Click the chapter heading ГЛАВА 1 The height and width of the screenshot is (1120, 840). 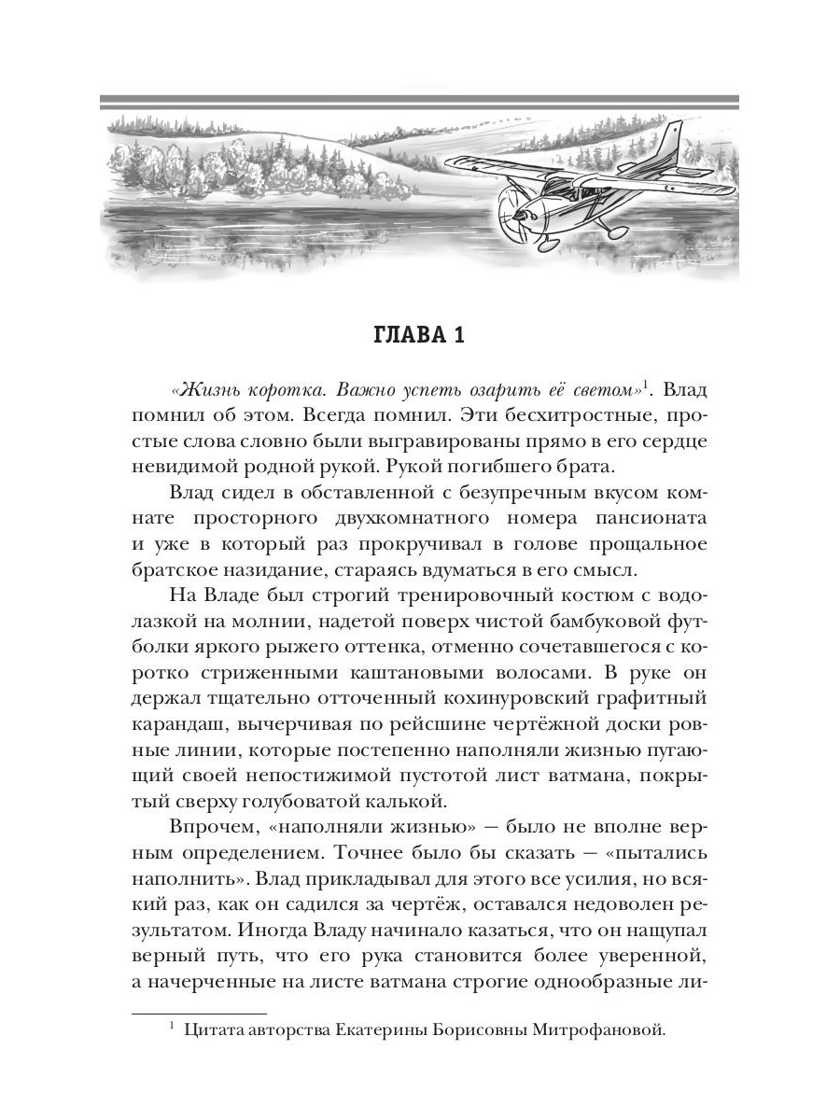419,335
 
